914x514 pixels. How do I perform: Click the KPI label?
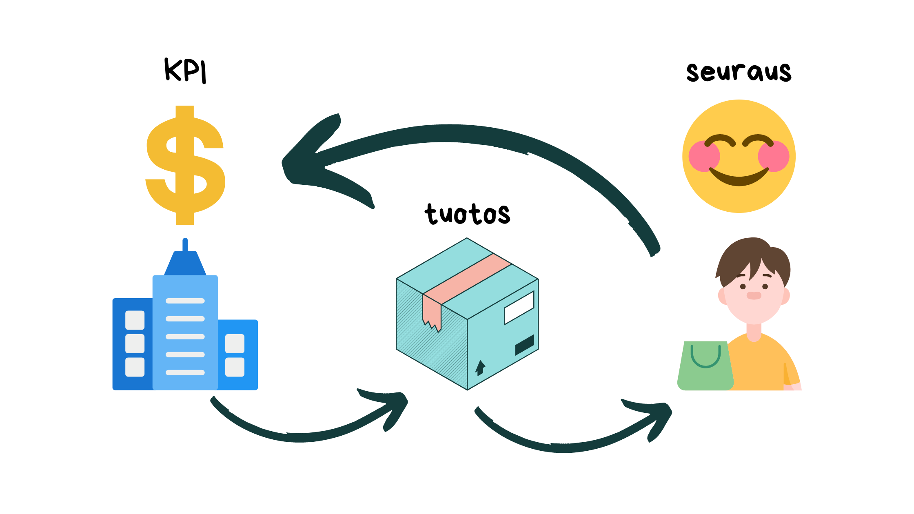(185, 71)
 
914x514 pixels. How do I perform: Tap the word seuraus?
(739, 73)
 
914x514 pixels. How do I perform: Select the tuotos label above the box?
(467, 214)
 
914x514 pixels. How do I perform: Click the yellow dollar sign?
(185, 165)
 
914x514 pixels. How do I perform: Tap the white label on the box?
(519, 308)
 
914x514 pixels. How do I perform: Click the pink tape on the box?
(467, 279)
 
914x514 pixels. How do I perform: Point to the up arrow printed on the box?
(480, 367)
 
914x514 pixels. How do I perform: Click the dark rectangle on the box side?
(524, 345)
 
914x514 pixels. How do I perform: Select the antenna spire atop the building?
(185, 245)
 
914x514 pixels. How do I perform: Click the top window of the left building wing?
(135, 320)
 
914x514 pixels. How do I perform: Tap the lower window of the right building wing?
(235, 367)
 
